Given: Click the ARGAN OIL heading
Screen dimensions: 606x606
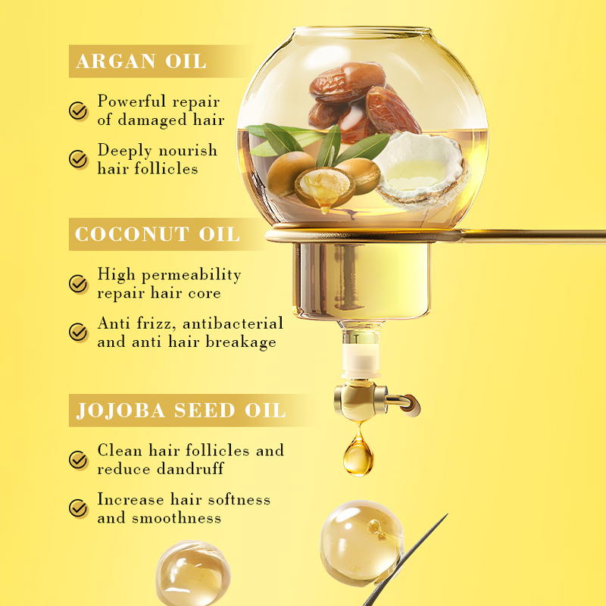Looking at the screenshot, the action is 141,61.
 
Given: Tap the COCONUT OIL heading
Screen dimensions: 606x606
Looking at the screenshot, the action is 158,234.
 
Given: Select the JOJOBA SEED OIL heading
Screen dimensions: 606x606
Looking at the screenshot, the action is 181,411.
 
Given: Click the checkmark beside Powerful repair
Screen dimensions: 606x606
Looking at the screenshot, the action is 79,111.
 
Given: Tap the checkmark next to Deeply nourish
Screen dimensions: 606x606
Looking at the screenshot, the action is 79,159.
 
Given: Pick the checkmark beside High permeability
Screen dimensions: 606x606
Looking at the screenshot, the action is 79,284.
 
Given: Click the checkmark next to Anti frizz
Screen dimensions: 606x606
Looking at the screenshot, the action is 79,333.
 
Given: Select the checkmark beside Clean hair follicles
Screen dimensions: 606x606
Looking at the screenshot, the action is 79,460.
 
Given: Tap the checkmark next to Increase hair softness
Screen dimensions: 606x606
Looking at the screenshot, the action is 79,508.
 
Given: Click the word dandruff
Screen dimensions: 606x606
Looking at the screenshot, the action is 191,469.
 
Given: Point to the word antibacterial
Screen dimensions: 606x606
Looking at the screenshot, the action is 233,323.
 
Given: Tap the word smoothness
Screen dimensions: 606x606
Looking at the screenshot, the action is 176,518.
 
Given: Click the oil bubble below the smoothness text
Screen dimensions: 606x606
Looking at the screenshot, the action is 193,573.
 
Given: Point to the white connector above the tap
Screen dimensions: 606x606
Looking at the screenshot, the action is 361,360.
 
